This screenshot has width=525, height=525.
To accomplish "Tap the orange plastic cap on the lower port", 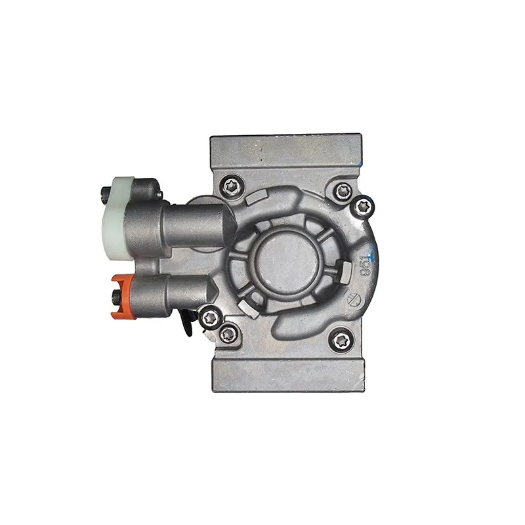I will click(121, 296).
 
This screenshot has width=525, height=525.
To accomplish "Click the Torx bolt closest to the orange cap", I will click(209, 317).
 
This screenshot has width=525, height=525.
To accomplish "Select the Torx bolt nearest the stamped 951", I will click(363, 207).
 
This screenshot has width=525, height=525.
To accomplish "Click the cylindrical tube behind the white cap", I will click(197, 223).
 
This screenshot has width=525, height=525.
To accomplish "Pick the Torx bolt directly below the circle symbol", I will click(341, 339).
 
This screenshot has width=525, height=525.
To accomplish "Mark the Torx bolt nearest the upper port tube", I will click(230, 186).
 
